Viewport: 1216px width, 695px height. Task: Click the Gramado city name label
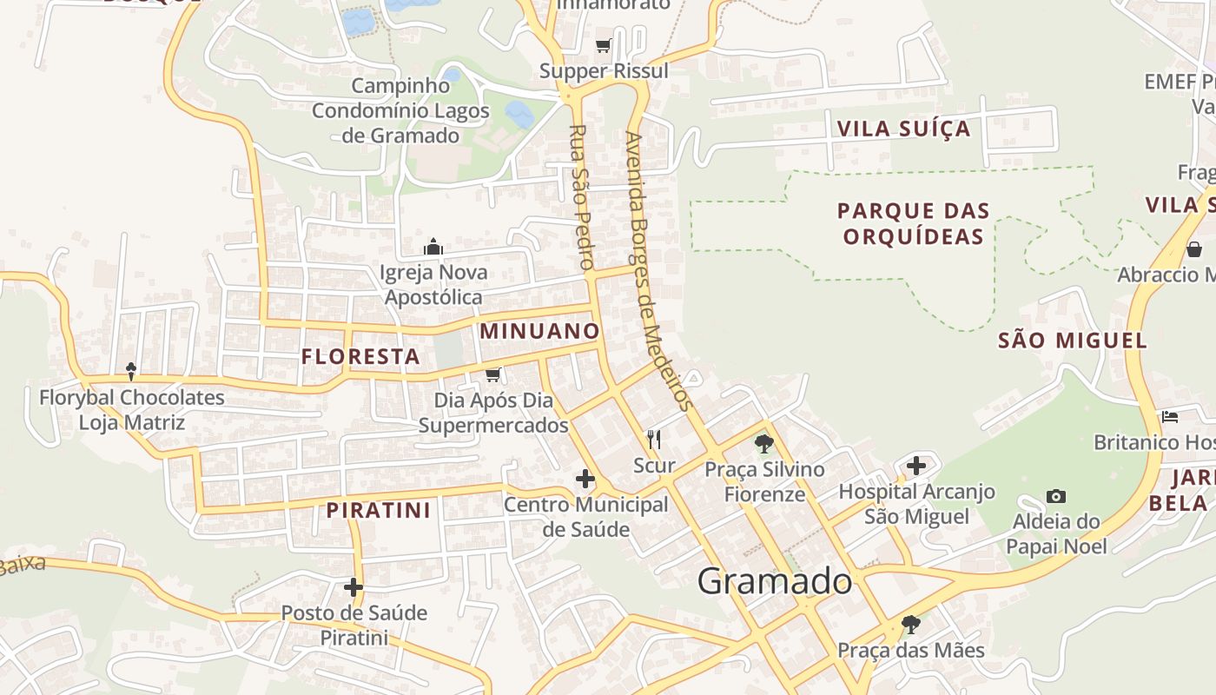[775, 581]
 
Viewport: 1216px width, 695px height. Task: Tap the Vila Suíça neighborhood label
[903, 129]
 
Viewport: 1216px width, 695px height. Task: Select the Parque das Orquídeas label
[914, 223]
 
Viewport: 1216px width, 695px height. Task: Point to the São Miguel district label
[1073, 341]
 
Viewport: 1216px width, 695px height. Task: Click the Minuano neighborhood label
[539, 331]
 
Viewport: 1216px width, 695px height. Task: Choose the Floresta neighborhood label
[360, 356]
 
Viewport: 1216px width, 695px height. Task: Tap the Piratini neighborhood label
[379, 510]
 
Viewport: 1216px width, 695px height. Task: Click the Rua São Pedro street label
[581, 196]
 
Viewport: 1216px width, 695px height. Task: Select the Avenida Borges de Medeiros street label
[658, 270]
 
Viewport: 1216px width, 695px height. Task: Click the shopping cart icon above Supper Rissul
[603, 45]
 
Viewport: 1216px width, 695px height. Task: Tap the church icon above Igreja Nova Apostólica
[433, 248]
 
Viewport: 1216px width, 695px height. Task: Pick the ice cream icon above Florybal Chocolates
[131, 372]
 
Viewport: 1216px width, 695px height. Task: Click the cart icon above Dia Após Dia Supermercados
[493, 374]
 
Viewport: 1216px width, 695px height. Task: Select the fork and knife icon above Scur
[654, 440]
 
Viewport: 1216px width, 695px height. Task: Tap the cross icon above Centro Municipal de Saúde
[585, 479]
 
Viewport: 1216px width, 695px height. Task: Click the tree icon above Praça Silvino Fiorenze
[764, 445]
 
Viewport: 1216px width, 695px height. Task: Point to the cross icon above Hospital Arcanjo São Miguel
[916, 466]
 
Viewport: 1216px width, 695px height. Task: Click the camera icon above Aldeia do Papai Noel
[1056, 496]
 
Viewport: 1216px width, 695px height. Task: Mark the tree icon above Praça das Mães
[910, 624]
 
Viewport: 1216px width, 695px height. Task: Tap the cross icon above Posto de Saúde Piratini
[354, 587]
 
